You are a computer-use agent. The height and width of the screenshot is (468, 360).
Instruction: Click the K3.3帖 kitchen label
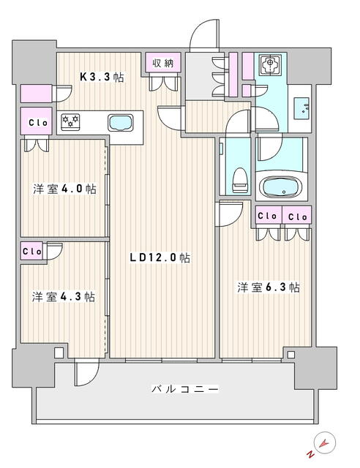coord(102,78)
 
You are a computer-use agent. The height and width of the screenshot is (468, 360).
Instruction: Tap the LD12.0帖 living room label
coord(160,257)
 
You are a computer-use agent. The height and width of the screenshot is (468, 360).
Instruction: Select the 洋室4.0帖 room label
coord(64,189)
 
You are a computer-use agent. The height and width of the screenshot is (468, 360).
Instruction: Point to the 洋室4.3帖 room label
coord(64,297)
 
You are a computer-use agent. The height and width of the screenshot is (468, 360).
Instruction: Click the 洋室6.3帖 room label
coord(269,287)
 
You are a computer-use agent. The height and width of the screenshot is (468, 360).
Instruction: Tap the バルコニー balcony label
coord(185,389)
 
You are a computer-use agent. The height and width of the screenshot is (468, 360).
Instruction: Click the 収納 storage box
coord(163,62)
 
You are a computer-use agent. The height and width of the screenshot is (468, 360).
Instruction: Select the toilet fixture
coord(240,180)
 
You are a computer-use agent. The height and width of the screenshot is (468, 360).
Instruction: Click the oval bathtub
coord(280,187)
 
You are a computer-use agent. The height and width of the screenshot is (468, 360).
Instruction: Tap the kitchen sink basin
coord(121,123)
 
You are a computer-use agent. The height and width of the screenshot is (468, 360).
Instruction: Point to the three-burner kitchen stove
coord(70,122)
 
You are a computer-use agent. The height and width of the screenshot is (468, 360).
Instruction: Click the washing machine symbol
coord(271,64)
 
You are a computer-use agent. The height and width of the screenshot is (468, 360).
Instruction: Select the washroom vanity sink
coord(301,108)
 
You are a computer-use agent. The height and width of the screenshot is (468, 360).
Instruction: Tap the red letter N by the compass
coord(311,455)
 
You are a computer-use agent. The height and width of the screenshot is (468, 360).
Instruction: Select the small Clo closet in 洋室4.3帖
coord(31,251)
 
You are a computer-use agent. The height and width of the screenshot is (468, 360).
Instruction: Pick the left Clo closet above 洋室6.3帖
coord(269,215)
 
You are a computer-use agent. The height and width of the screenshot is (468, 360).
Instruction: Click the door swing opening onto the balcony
coord(86,373)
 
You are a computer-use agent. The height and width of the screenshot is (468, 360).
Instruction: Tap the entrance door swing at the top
coord(205,34)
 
